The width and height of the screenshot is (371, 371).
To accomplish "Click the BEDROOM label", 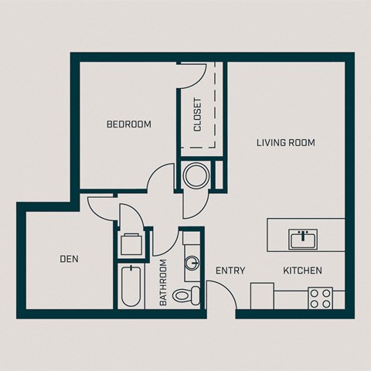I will click(x=128, y=124).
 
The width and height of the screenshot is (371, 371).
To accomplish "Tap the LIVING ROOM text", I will click(x=286, y=142).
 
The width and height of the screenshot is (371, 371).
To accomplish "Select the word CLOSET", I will click(x=198, y=114).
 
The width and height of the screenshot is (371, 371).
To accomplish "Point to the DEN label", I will click(x=69, y=259).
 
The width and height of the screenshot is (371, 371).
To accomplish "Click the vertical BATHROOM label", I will click(x=164, y=282).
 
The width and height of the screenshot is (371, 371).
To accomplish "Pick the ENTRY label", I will click(x=230, y=271).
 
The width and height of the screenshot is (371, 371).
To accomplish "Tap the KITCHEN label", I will click(x=302, y=271).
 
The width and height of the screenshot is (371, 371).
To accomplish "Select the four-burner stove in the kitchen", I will click(x=320, y=298).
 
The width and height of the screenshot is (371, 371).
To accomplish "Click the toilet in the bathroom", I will click(x=185, y=294).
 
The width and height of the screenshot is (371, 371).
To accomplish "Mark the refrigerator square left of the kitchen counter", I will click(x=262, y=296).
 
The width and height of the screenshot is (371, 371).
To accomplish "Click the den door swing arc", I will click(x=103, y=207).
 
